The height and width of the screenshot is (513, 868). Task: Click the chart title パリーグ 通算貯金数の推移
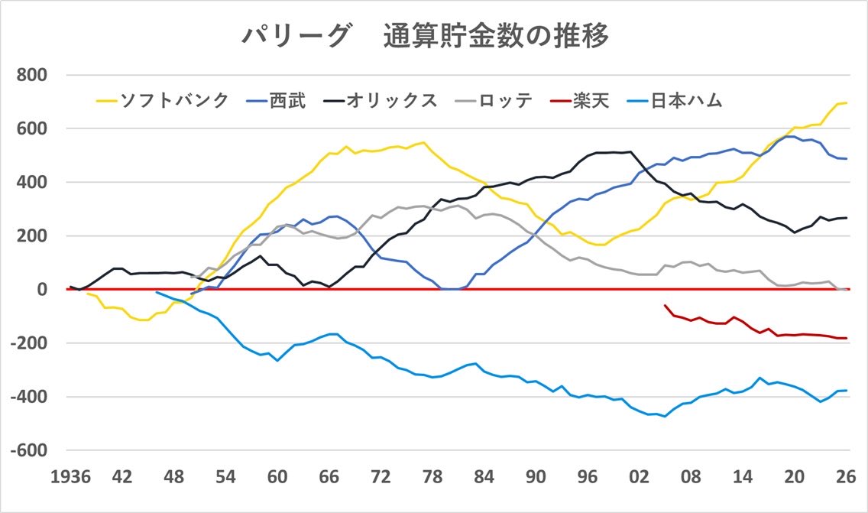coord(426,36)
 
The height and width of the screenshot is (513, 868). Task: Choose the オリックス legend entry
coord(390,100)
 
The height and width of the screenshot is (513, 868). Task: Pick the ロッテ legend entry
coord(505,100)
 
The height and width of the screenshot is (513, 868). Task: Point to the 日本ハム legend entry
coord(685,100)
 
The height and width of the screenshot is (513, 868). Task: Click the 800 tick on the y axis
coord(33,75)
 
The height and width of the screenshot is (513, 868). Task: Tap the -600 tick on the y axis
coord(30,450)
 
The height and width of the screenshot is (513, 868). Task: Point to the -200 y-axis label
coord(30,343)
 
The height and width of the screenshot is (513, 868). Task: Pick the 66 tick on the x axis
coord(329,476)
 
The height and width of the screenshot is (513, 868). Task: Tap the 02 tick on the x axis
coord(640,476)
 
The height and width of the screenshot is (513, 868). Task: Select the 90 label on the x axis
coord(536,476)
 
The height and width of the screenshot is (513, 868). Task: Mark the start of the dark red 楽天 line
coord(665,306)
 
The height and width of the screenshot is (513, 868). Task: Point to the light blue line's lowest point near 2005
coord(665,416)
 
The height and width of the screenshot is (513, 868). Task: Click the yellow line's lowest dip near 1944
coord(142,320)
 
